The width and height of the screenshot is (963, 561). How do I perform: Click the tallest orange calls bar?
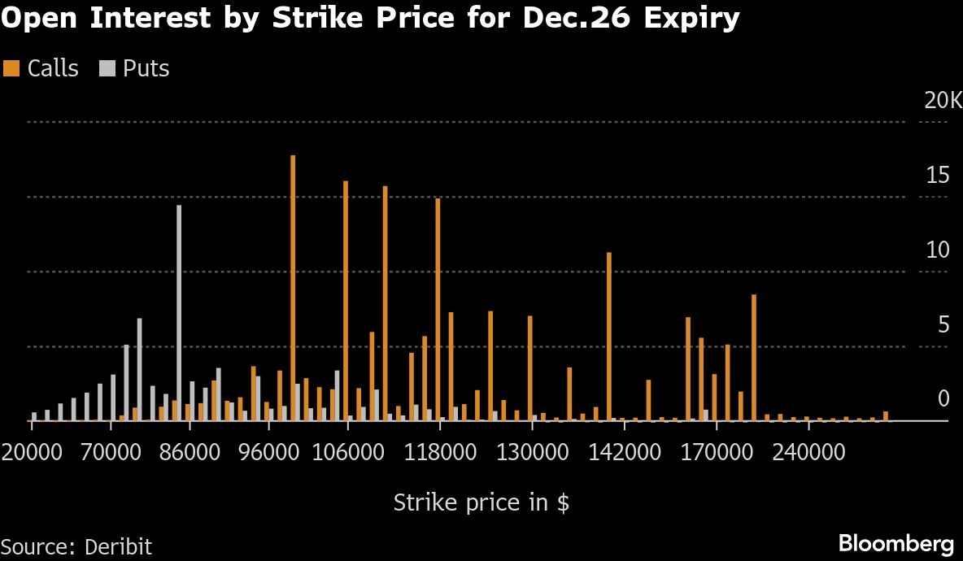click(293, 288)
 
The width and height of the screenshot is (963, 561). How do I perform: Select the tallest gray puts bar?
click(179, 313)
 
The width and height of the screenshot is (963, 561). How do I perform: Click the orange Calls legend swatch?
click(11, 68)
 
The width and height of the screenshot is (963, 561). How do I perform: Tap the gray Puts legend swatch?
click(107, 68)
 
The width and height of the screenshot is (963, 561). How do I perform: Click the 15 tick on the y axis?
click(938, 176)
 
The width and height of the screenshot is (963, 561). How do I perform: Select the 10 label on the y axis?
click(938, 250)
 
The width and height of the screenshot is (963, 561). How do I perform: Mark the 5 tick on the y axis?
click(943, 325)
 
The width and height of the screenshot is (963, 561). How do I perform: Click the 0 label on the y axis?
click(943, 399)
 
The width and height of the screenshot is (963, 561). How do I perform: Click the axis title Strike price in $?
click(481, 502)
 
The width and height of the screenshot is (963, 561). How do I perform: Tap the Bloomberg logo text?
click(895, 542)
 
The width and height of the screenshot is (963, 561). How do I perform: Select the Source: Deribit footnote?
click(76, 546)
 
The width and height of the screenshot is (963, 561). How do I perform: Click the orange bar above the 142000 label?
click(608, 337)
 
